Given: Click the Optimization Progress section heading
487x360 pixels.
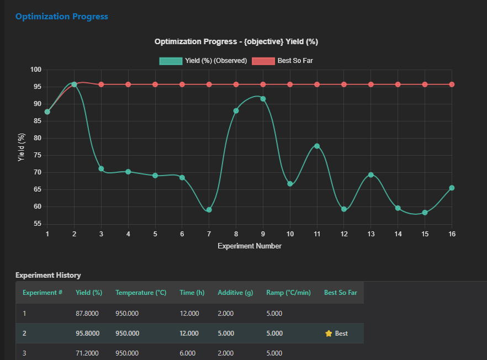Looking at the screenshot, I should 61,17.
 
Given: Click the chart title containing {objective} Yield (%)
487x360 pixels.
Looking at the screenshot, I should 236,41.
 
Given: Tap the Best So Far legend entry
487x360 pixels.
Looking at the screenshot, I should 283,60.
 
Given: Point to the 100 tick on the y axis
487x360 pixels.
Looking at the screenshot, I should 36,70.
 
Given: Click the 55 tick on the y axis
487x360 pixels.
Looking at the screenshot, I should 38,224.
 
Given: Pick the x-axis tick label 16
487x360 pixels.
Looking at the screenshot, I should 452,234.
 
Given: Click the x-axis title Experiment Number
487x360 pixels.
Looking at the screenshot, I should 250,246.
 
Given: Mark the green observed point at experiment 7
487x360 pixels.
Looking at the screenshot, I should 209,210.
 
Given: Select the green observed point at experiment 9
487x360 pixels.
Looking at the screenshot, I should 263,99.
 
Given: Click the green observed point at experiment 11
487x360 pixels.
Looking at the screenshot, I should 317,146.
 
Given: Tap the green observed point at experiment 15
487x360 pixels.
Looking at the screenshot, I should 425,213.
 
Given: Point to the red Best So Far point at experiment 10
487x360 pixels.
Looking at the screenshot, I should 290,84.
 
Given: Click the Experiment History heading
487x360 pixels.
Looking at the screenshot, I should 48,275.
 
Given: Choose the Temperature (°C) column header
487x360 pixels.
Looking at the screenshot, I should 141,293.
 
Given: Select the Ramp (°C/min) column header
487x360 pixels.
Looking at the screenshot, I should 288,293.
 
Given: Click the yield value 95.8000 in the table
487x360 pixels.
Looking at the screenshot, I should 87,333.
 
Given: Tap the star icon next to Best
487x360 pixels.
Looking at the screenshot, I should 329,333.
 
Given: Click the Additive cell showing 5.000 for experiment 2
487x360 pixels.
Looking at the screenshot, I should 225,333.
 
